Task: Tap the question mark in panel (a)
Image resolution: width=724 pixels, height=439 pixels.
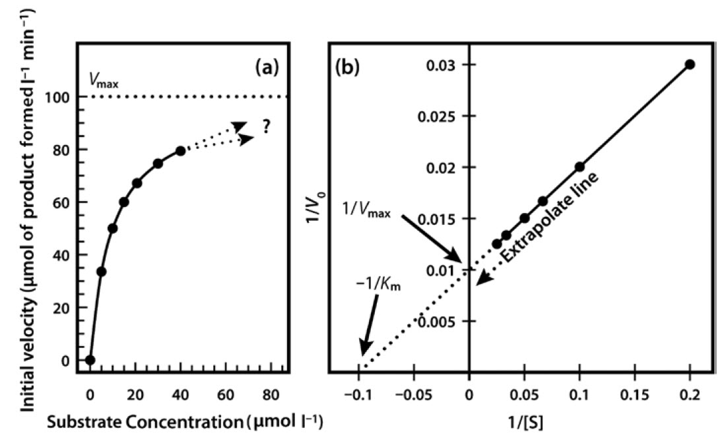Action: coord(266,128)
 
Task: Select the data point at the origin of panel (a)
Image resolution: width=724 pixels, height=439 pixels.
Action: coord(90,360)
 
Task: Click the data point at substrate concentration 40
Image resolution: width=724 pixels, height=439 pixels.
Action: coord(180,151)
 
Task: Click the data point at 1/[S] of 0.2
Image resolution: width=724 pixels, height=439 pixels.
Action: coord(690,65)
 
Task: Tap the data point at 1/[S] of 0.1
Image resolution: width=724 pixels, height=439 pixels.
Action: coord(579,167)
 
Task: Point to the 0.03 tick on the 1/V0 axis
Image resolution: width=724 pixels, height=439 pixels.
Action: coord(443,65)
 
